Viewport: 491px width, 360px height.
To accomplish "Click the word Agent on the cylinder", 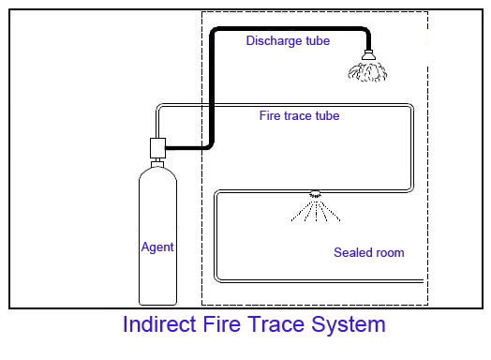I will coord(157,247).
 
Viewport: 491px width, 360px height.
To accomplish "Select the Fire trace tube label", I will coord(299,116).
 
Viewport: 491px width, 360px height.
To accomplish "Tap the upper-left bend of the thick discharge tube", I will coord(214,33).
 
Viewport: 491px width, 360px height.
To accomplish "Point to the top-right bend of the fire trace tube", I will coord(412,109).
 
